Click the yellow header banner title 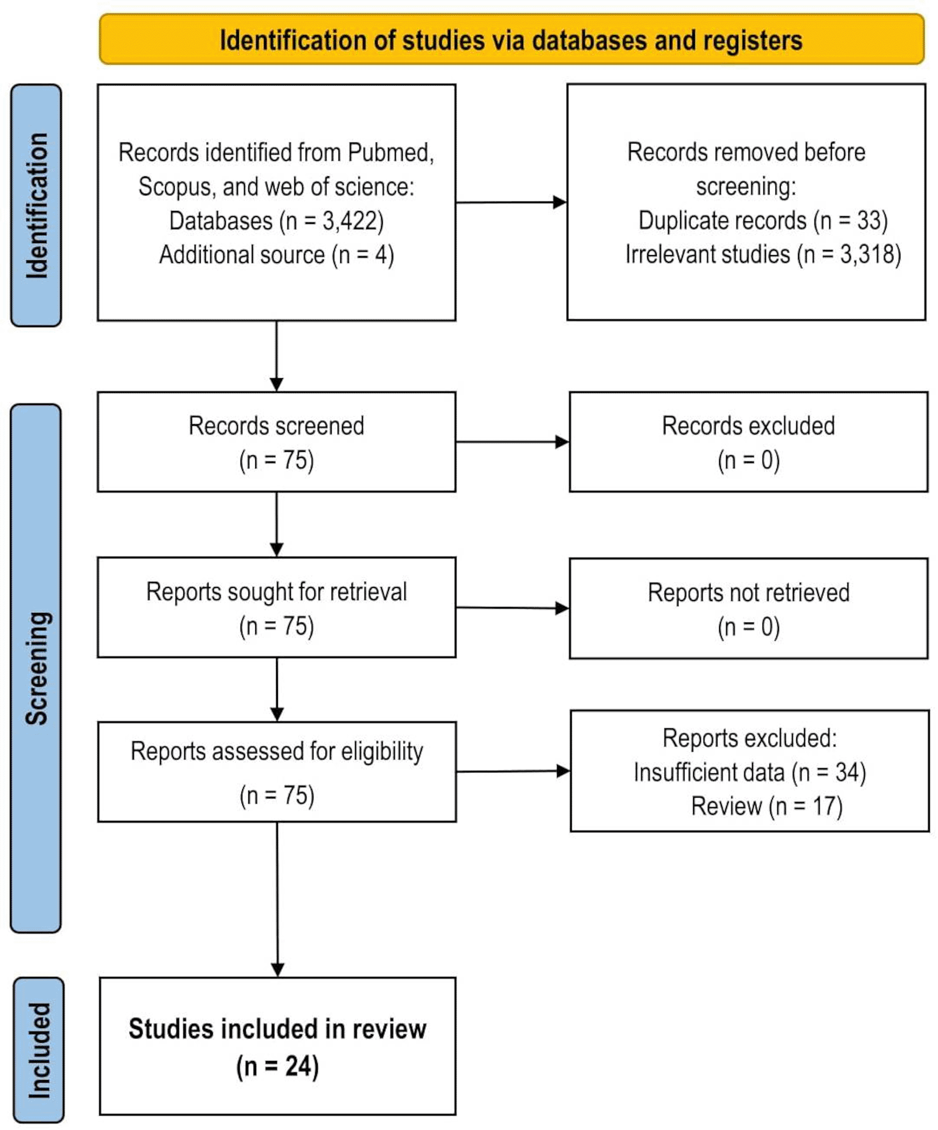[x=510, y=40]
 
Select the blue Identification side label [x=36, y=205]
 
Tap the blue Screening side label [x=36, y=668]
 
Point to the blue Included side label [x=39, y=1049]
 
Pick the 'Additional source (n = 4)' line [x=276, y=255]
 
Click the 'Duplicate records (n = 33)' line [x=763, y=220]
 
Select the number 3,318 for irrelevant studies [x=867, y=254]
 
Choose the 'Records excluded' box [x=749, y=442]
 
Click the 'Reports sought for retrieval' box [x=276, y=608]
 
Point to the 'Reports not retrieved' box [x=749, y=608]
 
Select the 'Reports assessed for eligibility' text [x=277, y=751]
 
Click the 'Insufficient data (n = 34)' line [x=750, y=772]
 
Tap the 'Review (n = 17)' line [x=767, y=806]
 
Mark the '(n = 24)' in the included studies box [x=277, y=1066]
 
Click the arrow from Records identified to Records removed [x=511, y=202]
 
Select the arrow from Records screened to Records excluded [x=513, y=442]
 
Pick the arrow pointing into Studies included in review [x=277, y=899]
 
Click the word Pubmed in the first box [x=391, y=153]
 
